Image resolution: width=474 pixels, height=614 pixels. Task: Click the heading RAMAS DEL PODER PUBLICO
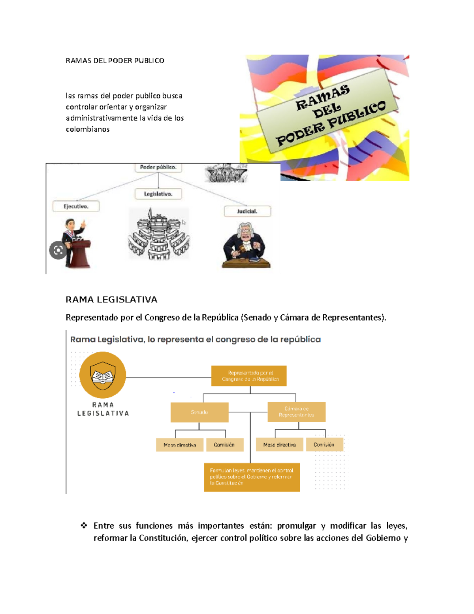tap(115, 60)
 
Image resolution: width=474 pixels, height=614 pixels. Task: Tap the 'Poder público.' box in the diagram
tap(158, 167)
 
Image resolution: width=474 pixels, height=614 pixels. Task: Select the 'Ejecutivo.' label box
tap(76, 206)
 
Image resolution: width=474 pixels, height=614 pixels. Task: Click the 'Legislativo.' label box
tap(158, 194)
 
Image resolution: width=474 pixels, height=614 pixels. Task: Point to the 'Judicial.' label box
tap(247, 212)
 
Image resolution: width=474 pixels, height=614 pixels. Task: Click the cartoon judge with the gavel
tap(246, 245)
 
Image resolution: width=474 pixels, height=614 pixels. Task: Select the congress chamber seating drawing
tap(159, 235)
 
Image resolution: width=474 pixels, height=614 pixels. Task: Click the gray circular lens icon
tap(58, 250)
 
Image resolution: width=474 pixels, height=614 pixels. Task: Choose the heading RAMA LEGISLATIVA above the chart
tap(111, 300)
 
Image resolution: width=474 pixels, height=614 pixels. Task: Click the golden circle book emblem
tap(103, 375)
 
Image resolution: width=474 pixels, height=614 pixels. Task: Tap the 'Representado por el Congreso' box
tap(249, 376)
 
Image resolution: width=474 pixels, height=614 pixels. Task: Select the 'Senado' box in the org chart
tap(199, 412)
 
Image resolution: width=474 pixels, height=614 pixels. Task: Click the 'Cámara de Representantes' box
tap(297, 412)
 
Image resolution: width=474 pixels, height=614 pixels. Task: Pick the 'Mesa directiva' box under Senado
tap(180, 445)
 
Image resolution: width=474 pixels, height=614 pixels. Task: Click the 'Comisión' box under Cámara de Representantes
tap(324, 445)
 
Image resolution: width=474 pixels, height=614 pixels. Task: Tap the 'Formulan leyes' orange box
tap(252, 477)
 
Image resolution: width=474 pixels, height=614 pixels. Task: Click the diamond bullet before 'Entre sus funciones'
tap(84, 525)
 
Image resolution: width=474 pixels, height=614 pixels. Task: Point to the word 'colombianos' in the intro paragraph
tap(88, 129)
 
